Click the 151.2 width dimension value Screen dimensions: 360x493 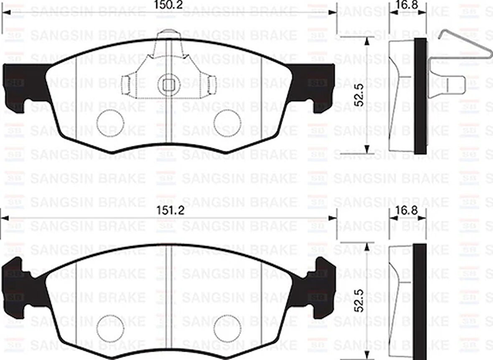(169, 211)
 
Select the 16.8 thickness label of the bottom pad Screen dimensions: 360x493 (408, 210)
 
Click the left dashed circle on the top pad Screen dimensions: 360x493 (110, 123)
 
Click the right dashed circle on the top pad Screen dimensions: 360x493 (227, 123)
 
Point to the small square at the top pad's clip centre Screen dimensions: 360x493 (169, 85)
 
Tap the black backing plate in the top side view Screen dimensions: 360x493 (421, 96)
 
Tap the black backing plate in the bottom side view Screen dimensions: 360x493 (421, 301)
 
